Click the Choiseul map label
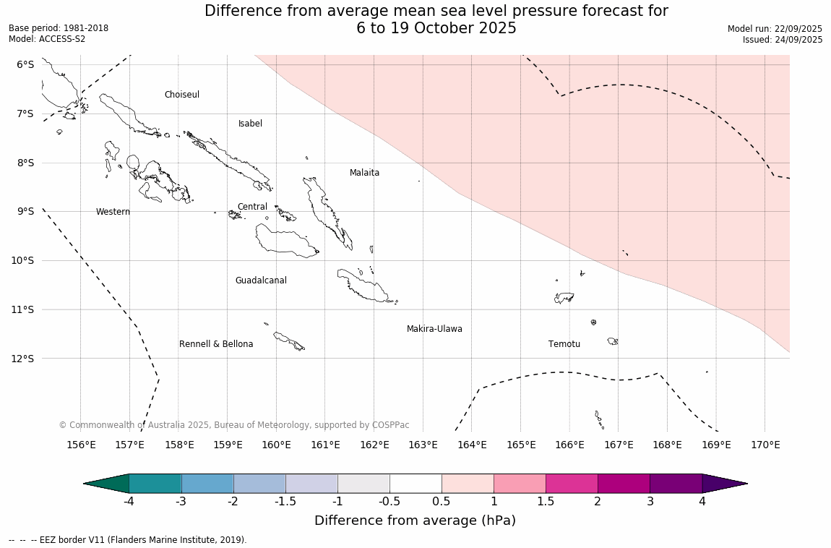click(181, 95)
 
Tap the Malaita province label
click(364, 173)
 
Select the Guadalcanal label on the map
click(261, 281)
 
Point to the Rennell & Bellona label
click(216, 344)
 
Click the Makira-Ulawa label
click(434, 329)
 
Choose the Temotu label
click(564, 344)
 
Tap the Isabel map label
click(250, 124)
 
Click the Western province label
click(113, 212)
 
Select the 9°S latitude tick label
click(25, 211)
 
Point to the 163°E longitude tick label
click(423, 445)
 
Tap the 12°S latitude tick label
click(25, 359)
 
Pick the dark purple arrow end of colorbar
click(724, 484)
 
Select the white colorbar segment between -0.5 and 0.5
click(415, 484)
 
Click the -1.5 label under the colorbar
click(285, 501)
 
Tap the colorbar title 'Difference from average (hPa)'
click(415, 521)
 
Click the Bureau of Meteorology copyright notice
click(233, 425)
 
